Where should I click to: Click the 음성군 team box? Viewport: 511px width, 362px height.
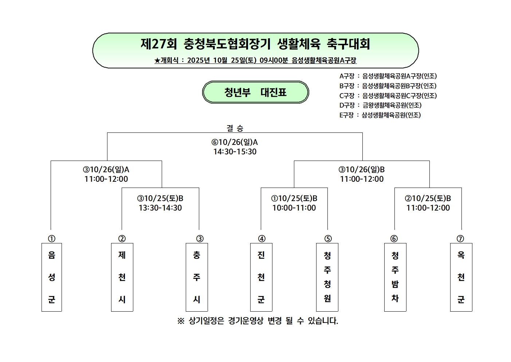[52, 277]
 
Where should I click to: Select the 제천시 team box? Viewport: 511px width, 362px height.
[122, 277]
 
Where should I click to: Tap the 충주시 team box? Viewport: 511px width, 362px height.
[197, 277]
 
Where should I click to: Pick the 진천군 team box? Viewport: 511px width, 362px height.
[261, 277]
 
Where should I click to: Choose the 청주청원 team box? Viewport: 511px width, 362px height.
[327, 277]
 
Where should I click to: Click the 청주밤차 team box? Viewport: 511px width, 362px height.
[395, 277]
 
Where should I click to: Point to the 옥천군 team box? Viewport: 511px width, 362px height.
[461, 277]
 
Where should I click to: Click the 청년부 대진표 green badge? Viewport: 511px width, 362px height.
[255, 92]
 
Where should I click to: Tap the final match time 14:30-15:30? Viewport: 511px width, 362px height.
[235, 152]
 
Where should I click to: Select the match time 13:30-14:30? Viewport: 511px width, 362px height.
[160, 208]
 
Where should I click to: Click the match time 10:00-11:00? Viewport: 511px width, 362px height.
[294, 208]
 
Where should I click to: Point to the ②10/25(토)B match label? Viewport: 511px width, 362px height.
[428, 199]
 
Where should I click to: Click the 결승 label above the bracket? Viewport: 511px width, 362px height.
[235, 128]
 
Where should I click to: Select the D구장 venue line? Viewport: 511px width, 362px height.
[380, 105]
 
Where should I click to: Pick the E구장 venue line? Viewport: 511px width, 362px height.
[380, 115]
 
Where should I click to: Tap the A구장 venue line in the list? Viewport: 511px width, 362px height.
[388, 76]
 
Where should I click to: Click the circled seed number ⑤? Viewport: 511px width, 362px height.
[328, 239]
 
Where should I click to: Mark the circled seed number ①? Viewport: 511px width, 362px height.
[52, 239]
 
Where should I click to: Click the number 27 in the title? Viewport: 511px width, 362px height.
[159, 44]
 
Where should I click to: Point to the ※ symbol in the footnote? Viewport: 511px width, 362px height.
[181, 321]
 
